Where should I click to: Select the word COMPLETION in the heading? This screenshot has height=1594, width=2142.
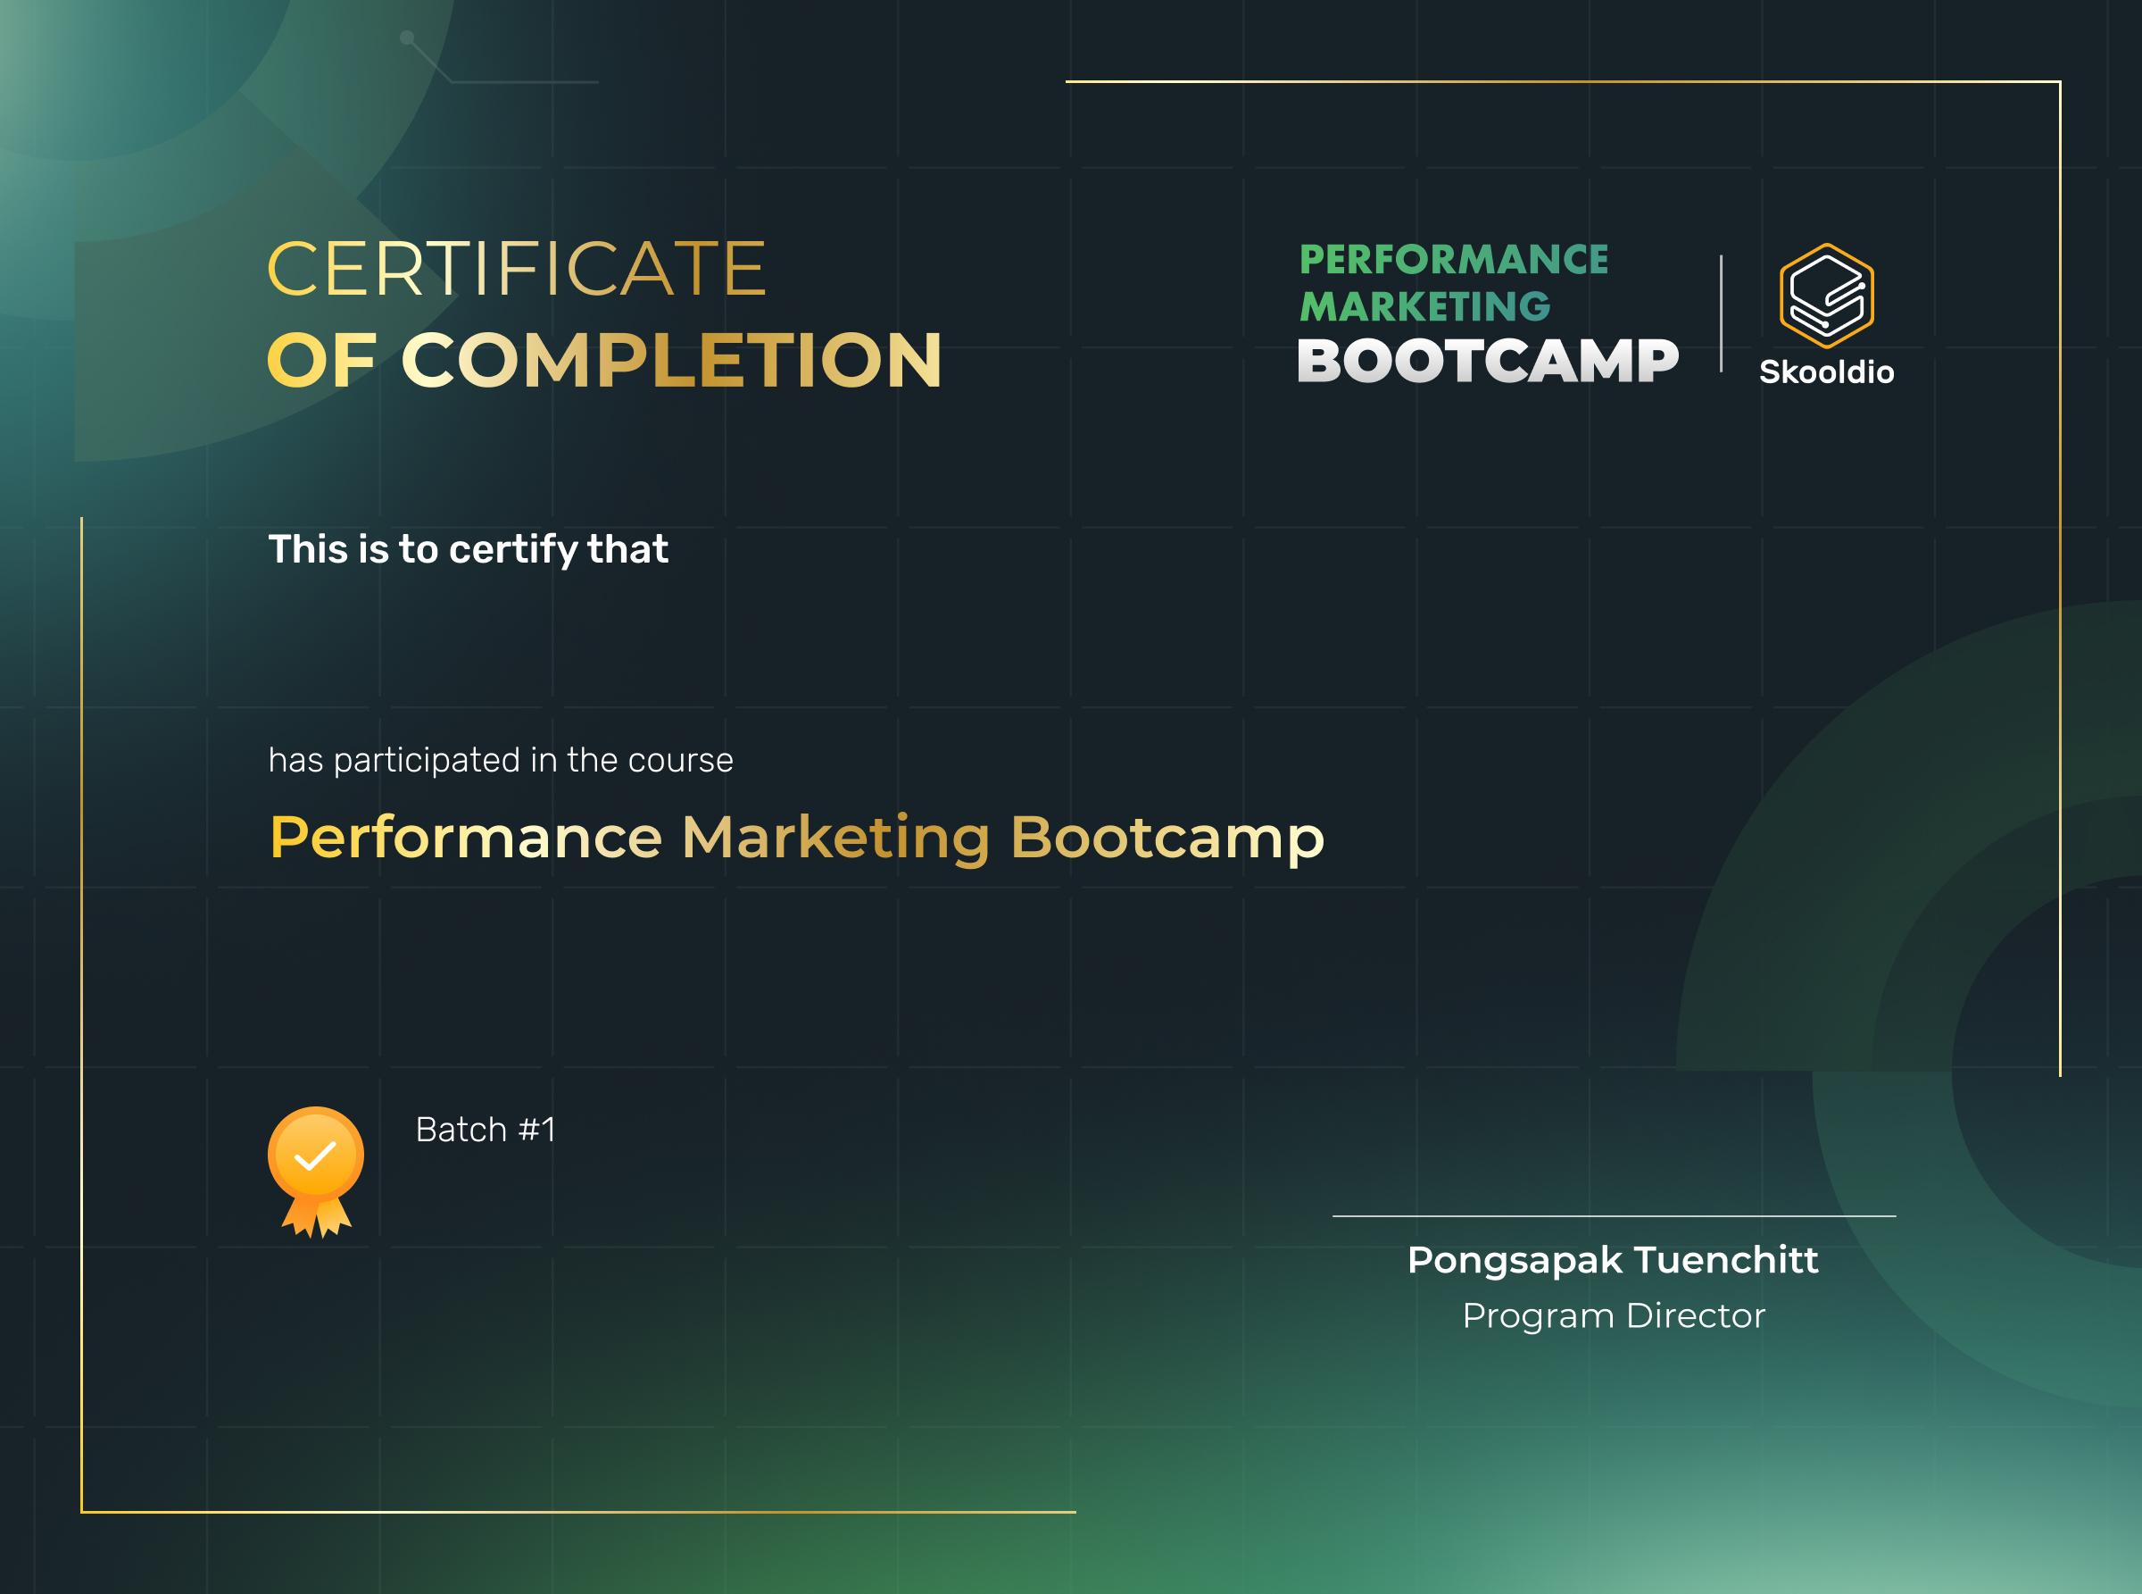[x=671, y=361]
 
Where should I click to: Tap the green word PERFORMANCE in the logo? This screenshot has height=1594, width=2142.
[x=1453, y=260]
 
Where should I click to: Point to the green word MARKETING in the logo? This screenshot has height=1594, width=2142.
[x=1424, y=307]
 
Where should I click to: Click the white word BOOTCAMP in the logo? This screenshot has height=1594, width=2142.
[x=1487, y=362]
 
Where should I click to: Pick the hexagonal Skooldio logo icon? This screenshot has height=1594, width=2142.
[x=1826, y=296]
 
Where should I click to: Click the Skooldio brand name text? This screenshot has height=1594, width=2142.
[x=1826, y=372]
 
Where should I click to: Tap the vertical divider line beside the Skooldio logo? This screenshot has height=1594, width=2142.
[x=1721, y=313]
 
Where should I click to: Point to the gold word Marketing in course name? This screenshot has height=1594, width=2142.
[x=835, y=837]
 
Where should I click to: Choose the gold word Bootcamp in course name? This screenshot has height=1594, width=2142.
[x=1167, y=837]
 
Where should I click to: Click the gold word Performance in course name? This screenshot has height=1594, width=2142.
[x=466, y=837]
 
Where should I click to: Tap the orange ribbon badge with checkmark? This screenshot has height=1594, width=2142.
[x=315, y=1170]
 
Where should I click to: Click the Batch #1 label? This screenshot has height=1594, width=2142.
[x=486, y=1130]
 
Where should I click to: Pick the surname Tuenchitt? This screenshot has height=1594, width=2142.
[x=1725, y=1260]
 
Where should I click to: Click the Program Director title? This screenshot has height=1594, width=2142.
[x=1614, y=1316]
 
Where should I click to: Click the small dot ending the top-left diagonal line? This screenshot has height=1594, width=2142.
[x=407, y=38]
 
